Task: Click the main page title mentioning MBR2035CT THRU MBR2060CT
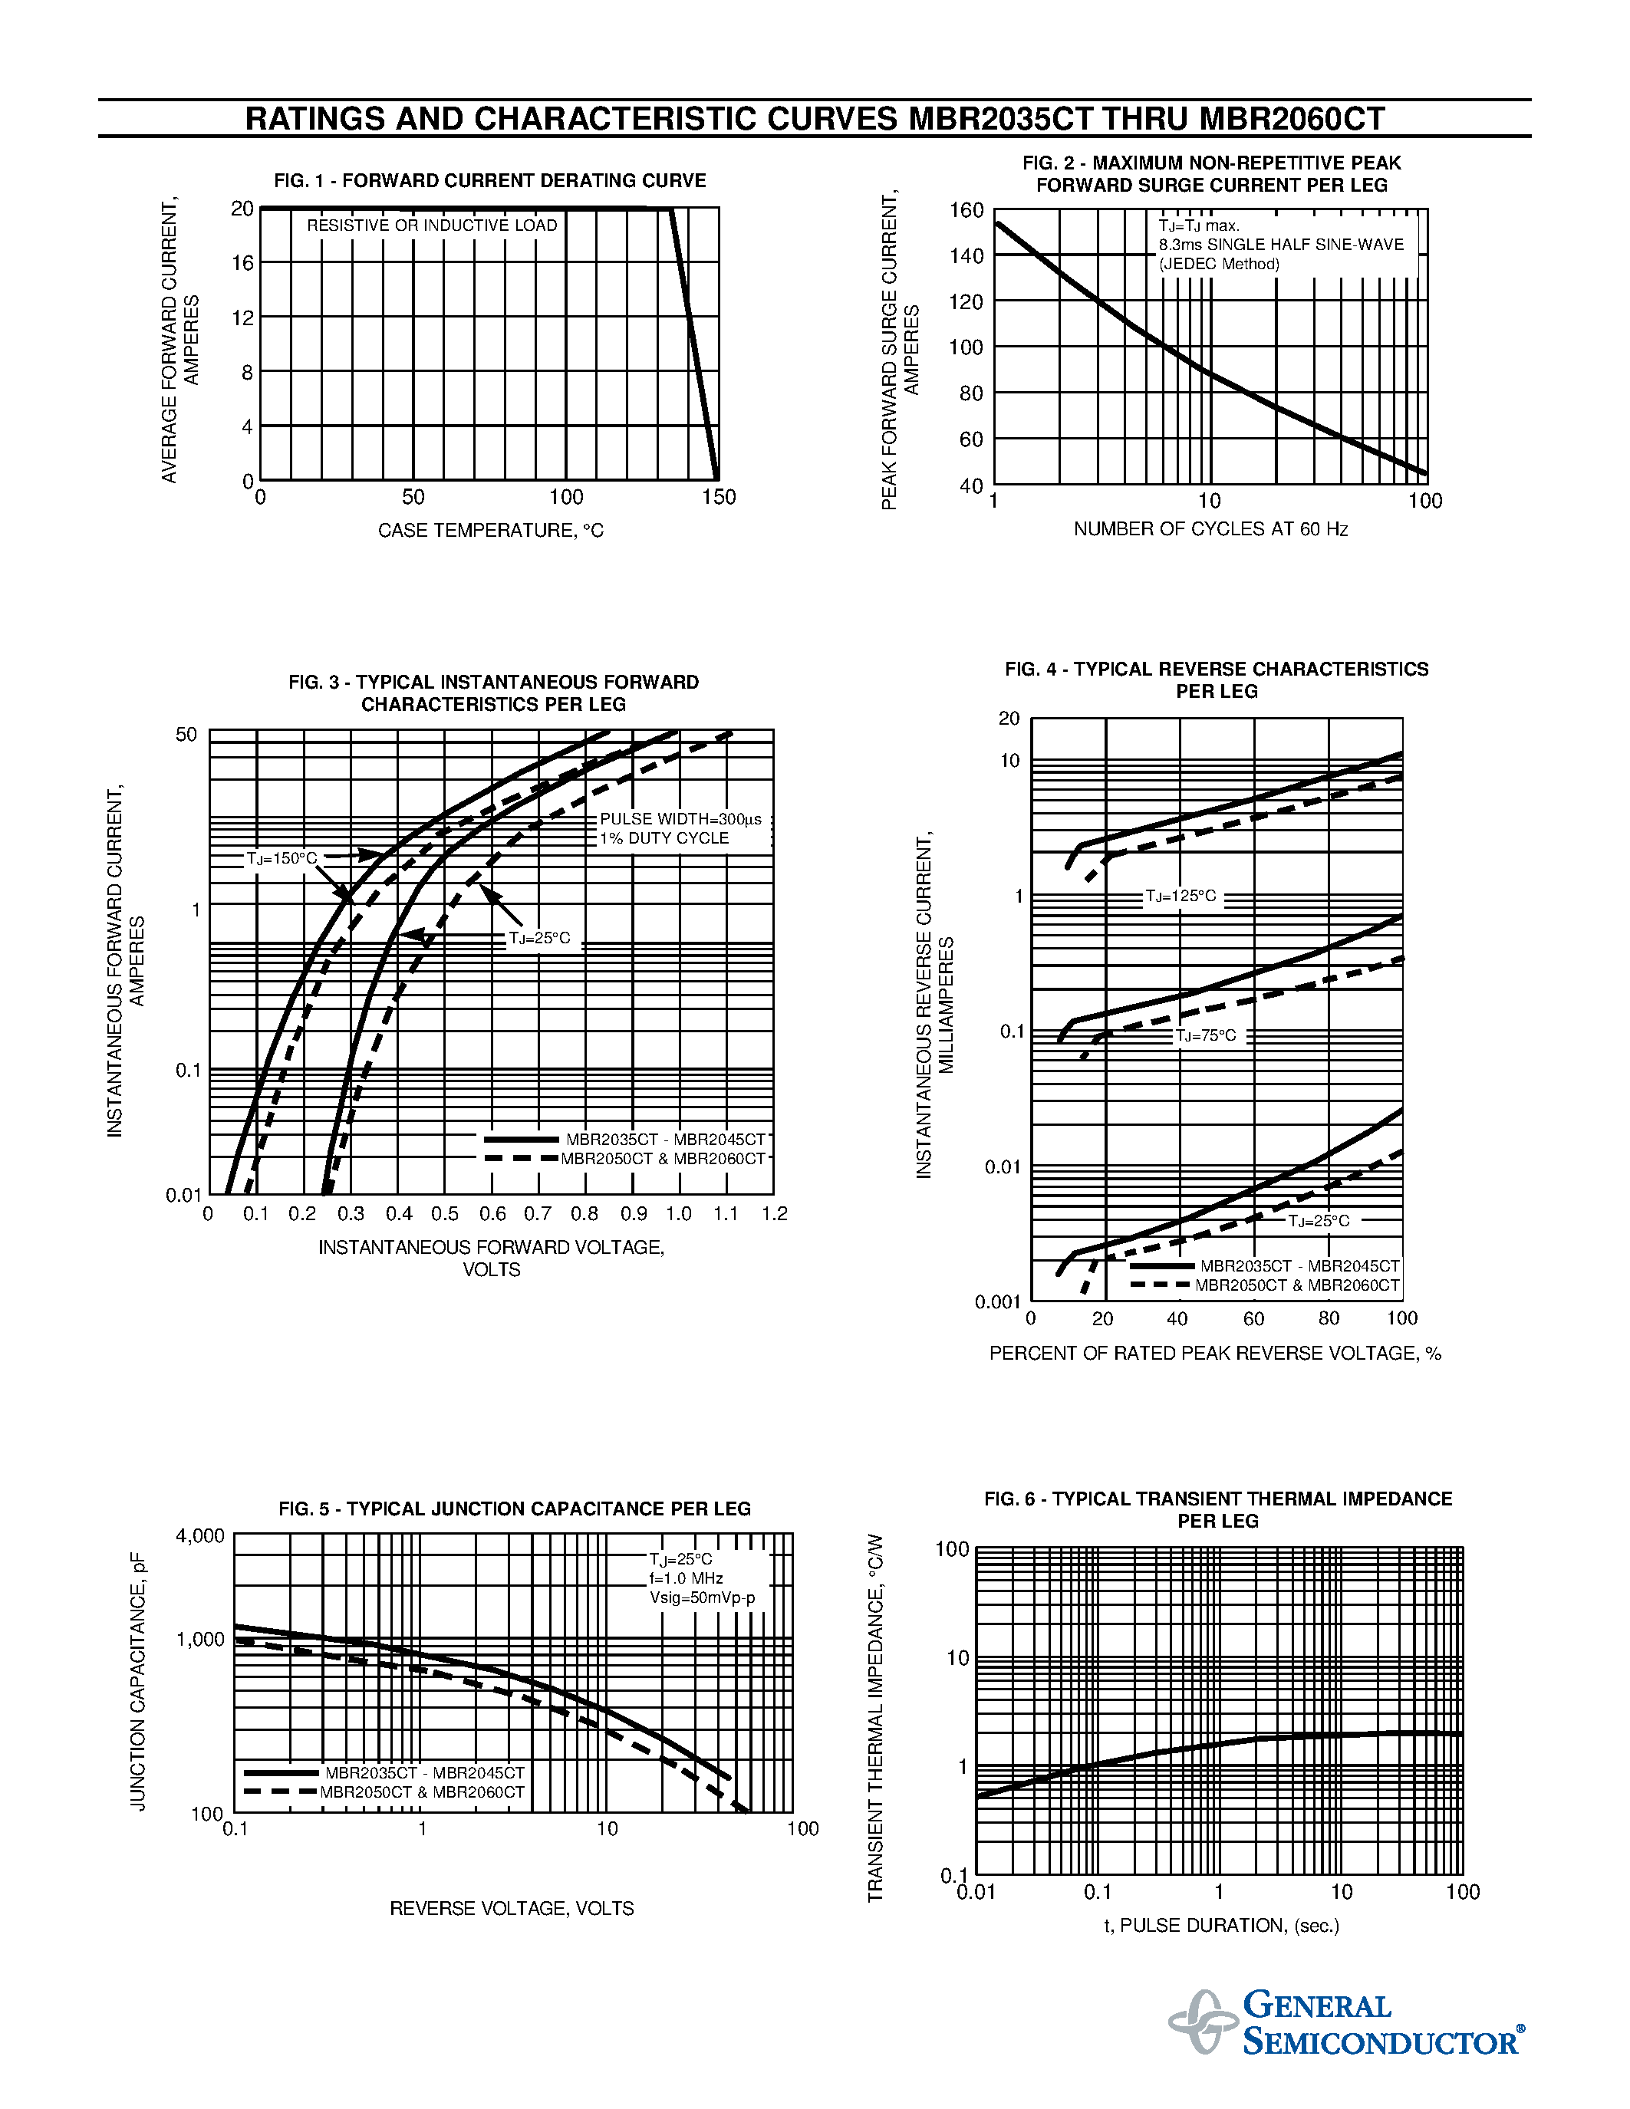click(815, 119)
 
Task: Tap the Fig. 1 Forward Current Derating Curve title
click(489, 180)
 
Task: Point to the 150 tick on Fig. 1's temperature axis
click(719, 497)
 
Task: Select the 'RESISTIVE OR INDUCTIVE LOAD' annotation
click(432, 225)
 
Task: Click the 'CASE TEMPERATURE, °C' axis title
click(491, 530)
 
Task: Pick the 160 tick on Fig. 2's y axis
click(966, 209)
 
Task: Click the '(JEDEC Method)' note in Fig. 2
click(1219, 264)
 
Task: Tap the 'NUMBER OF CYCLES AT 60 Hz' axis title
click(1211, 529)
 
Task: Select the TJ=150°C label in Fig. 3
click(281, 858)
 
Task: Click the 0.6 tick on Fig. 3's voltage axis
click(492, 1214)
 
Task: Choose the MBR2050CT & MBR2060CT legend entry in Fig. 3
click(663, 1159)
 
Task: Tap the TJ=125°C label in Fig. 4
click(1181, 896)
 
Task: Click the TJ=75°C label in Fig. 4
click(1205, 1035)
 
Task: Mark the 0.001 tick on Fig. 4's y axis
click(997, 1301)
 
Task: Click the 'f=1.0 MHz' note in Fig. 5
click(686, 1578)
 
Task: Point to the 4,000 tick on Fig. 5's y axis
click(200, 1535)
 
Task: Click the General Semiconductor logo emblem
click(1202, 2021)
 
